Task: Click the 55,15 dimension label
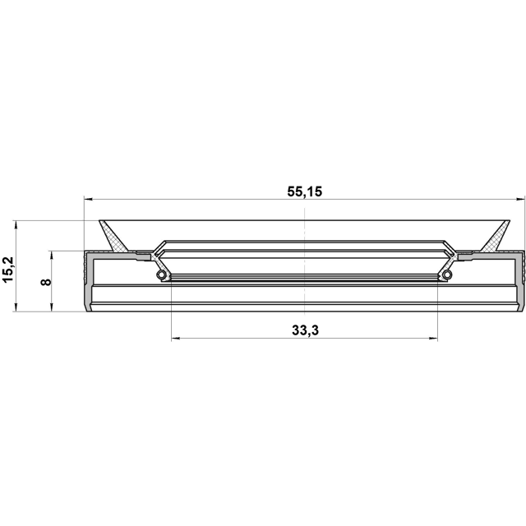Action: click(305, 191)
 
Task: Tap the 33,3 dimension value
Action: click(305, 330)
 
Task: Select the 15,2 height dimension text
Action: click(7, 270)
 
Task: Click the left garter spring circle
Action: click(161, 275)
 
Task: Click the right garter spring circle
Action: click(447, 275)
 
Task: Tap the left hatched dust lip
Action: click(113, 236)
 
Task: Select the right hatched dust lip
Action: click(496, 236)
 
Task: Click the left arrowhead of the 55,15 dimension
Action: click(88, 199)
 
